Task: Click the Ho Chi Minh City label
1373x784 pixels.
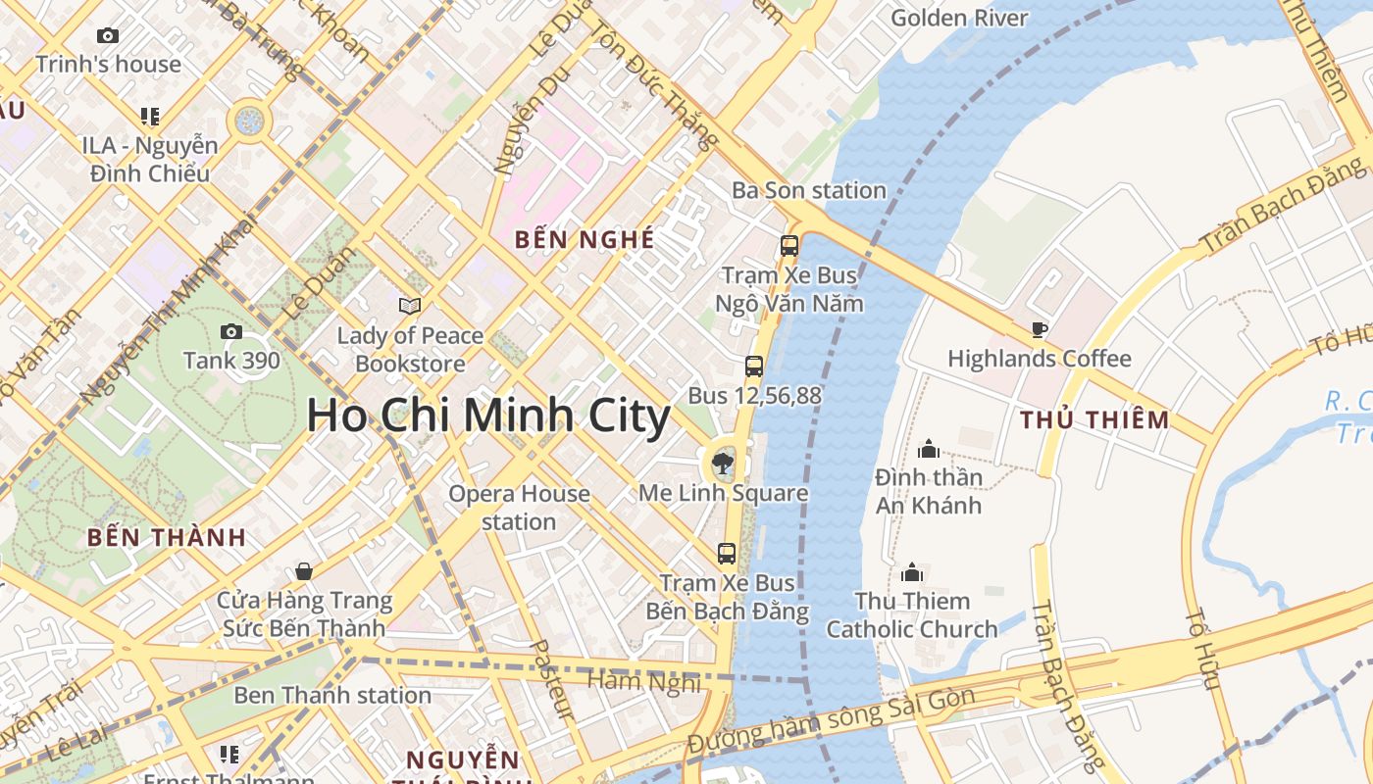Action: pos(488,416)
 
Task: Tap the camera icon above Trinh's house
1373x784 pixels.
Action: pos(108,36)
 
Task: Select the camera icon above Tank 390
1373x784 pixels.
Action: pos(231,332)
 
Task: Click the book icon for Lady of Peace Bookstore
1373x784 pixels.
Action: pos(410,307)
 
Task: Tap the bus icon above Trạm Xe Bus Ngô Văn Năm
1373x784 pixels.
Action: pos(789,246)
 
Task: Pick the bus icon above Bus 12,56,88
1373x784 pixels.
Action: pos(754,367)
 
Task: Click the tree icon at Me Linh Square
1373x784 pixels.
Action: pos(723,462)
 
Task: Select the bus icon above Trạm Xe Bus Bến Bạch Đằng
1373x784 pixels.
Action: pos(727,554)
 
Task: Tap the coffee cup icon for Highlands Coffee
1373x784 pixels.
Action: pos(1040,330)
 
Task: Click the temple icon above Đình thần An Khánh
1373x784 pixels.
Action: pos(928,450)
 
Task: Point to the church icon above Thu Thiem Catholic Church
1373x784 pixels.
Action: pos(912,572)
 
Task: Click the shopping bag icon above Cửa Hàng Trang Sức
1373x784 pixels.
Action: pos(304,571)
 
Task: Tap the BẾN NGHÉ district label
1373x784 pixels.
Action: pos(584,239)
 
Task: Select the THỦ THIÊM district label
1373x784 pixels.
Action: pos(1094,420)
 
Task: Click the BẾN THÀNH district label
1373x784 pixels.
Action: pos(166,537)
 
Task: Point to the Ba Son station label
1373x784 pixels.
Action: pos(809,190)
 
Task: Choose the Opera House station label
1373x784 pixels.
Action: pos(519,507)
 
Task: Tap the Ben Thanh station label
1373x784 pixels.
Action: pos(332,695)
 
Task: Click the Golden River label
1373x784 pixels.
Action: pos(959,18)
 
